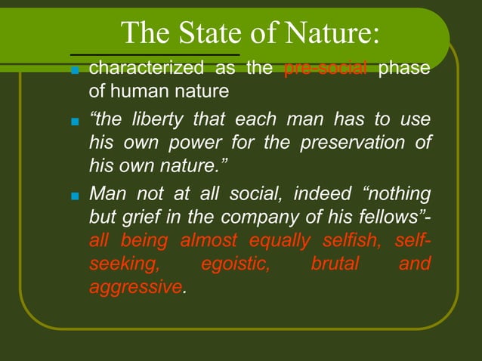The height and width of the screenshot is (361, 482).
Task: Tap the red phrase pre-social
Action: pos(325,69)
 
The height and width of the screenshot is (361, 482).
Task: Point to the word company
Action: pos(280,218)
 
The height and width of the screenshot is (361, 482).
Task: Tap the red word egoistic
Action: pos(235,264)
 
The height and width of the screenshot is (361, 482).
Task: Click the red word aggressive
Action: pos(135,288)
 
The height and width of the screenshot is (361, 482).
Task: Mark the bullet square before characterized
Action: pos(74,72)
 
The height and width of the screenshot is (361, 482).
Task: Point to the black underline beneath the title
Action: pos(155,54)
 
